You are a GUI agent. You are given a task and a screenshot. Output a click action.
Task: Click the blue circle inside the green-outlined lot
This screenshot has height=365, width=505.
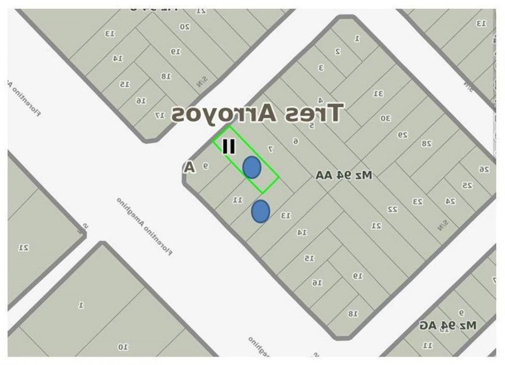pyautogui.click(x=252, y=167)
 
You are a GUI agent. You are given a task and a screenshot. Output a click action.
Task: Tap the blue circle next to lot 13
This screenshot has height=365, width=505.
pyautogui.click(x=260, y=211)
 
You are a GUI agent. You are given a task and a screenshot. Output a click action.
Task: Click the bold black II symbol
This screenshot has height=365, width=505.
pyautogui.click(x=229, y=146)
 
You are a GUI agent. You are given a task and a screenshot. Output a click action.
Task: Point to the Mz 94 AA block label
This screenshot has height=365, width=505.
pyautogui.click(x=344, y=175)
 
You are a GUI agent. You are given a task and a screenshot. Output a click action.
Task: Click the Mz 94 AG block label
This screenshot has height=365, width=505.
pyautogui.click(x=448, y=325)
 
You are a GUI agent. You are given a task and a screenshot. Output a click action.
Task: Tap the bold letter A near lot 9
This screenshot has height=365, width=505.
pyautogui.click(x=190, y=167)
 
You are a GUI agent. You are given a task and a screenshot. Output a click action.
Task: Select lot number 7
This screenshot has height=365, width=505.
pyautogui.click(x=271, y=149)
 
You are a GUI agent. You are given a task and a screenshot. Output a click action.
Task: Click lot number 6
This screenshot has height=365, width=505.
pyautogui.click(x=295, y=141)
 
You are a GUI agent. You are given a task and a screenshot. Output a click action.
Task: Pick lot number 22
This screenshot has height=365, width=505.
pyautogui.click(x=393, y=209)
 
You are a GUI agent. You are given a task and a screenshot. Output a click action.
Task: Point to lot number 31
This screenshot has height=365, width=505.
pyautogui.click(x=378, y=93)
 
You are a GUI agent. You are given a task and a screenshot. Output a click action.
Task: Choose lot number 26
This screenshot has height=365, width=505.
pyautogui.click(x=484, y=169)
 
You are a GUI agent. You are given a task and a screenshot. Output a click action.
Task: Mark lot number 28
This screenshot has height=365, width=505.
pyautogui.click(x=427, y=143)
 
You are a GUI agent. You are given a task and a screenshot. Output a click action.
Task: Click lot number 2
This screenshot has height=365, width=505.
pyautogui.click(x=338, y=51)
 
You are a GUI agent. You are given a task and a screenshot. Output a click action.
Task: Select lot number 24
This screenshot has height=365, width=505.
pyautogui.click(x=450, y=201)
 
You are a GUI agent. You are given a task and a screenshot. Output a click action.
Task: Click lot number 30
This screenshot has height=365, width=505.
pyautogui.click(x=385, y=119)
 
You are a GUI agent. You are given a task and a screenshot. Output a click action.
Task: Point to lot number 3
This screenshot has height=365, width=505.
pyautogui.click(x=321, y=67)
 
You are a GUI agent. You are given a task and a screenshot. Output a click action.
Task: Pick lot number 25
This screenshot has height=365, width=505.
pyautogui.click(x=467, y=185)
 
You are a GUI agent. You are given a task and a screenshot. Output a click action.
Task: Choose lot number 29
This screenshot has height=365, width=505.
pyautogui.click(x=403, y=135)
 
